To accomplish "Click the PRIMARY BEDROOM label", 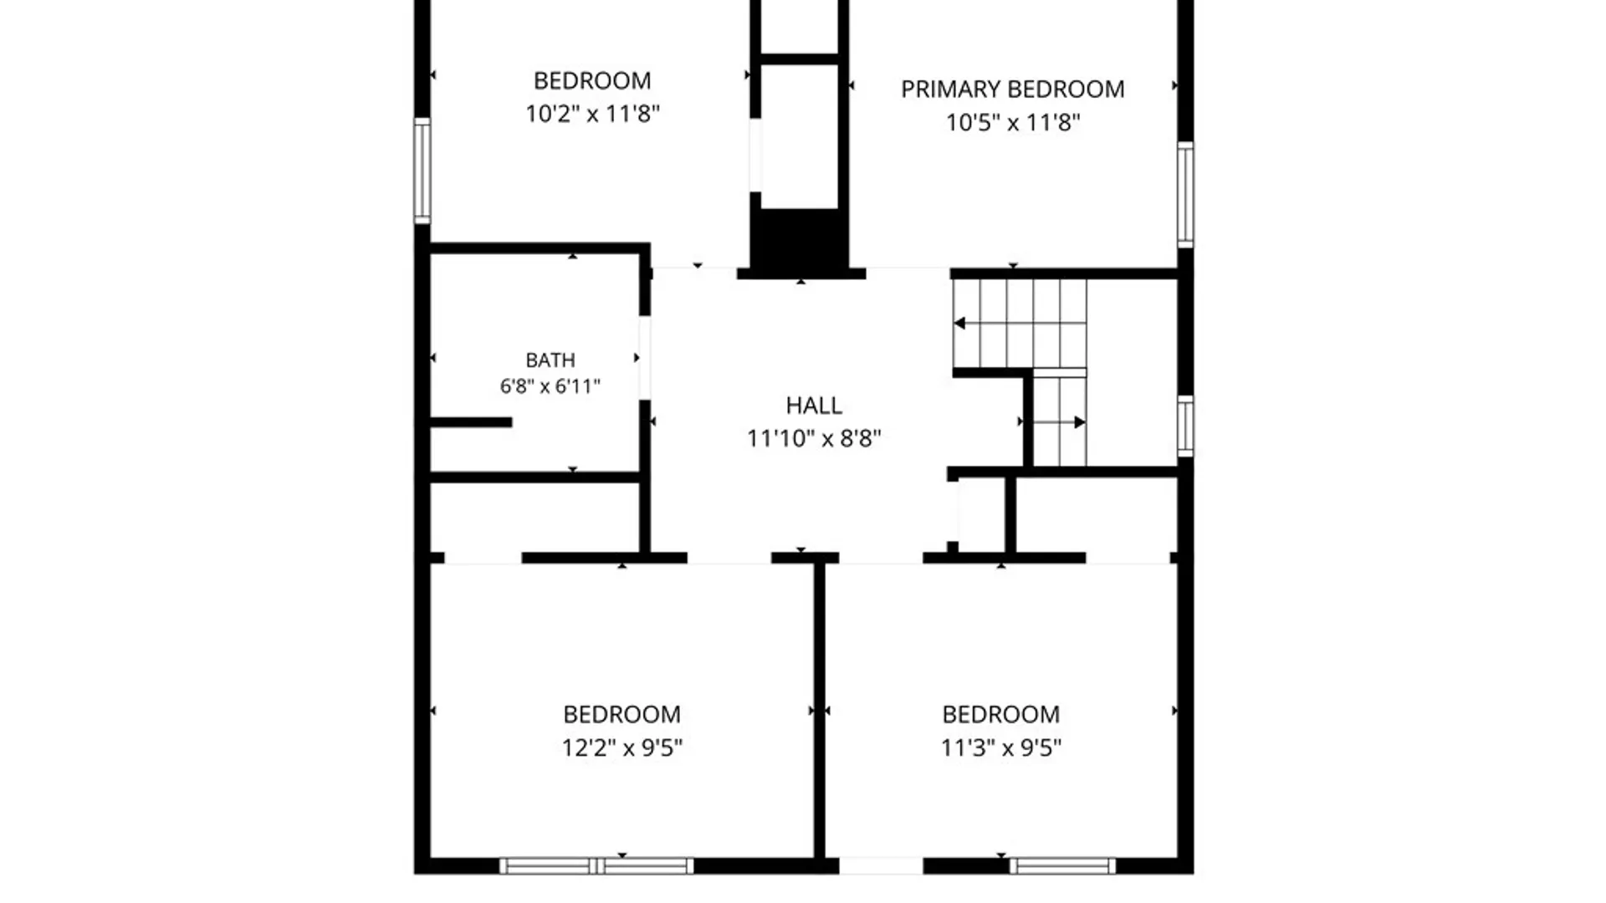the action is (1012, 89).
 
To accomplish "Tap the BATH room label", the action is (550, 360).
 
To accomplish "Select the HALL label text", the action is (814, 406).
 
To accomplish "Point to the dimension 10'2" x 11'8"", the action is (592, 114).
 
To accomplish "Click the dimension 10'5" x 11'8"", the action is (1013, 123).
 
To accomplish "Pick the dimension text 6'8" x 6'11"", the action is (550, 386).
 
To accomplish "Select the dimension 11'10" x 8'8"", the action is (814, 438).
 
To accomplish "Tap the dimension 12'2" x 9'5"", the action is (621, 747).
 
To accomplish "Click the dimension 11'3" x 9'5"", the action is (1001, 747).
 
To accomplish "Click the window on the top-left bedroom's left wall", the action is (422, 171).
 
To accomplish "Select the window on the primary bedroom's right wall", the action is (1185, 195).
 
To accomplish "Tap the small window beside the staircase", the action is (1185, 426).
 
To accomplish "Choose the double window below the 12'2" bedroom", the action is (597, 866).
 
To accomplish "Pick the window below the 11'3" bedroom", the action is (1062, 866).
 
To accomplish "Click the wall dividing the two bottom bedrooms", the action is (820, 711).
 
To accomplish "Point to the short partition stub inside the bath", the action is (471, 422).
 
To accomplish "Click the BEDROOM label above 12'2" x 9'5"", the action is (621, 715).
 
